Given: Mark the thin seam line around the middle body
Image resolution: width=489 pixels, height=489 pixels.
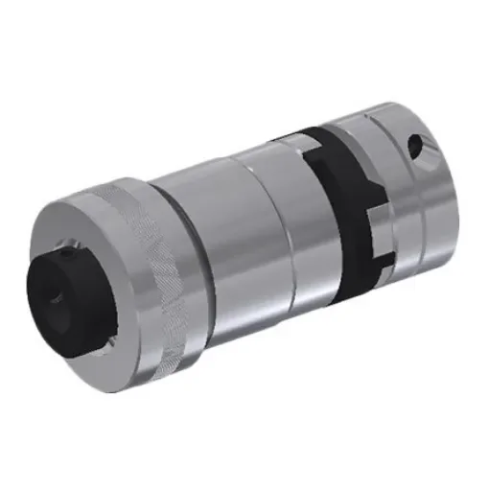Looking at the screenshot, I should click(x=251, y=230).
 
